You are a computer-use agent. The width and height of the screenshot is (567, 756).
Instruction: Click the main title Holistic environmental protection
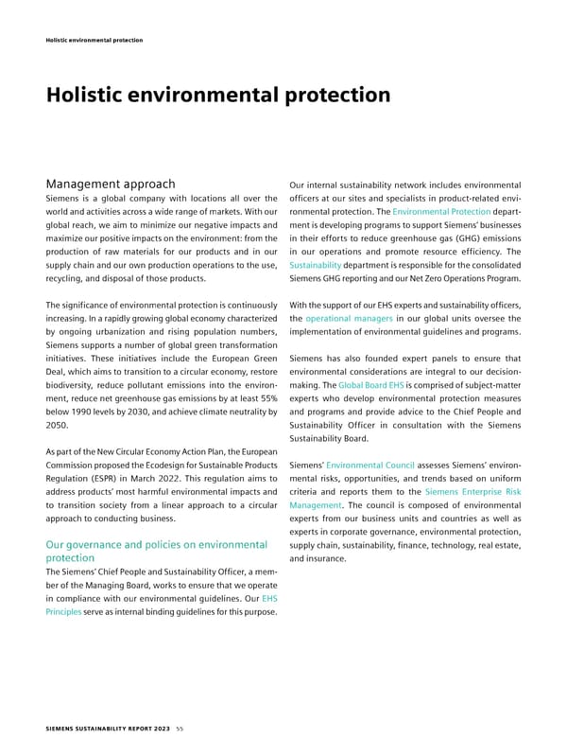pos(218,96)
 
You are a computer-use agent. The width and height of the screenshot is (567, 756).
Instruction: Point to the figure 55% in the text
pos(264,403)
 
